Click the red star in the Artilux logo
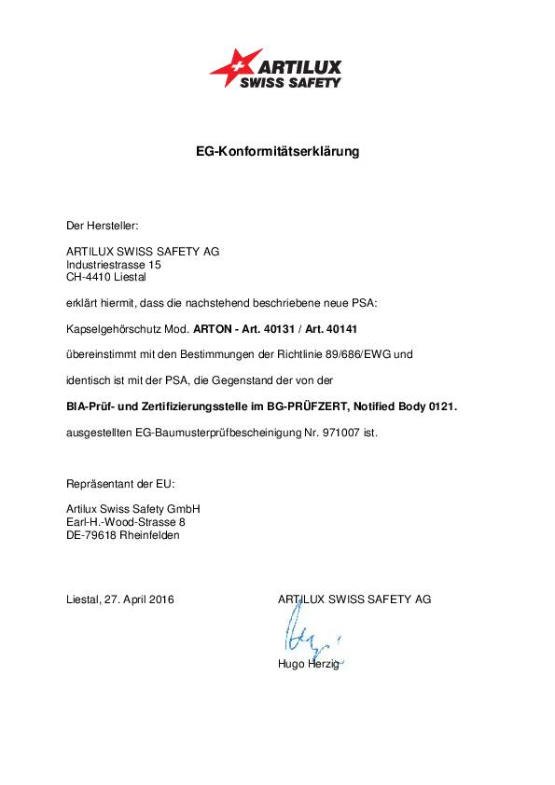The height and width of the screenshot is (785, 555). pos(234,67)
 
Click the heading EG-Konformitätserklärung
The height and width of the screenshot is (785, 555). pos(277,150)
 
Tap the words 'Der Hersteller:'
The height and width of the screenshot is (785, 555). pos(102,225)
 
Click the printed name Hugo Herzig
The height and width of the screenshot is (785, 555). pos(309,663)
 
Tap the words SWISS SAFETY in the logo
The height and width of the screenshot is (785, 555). pos(291,82)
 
